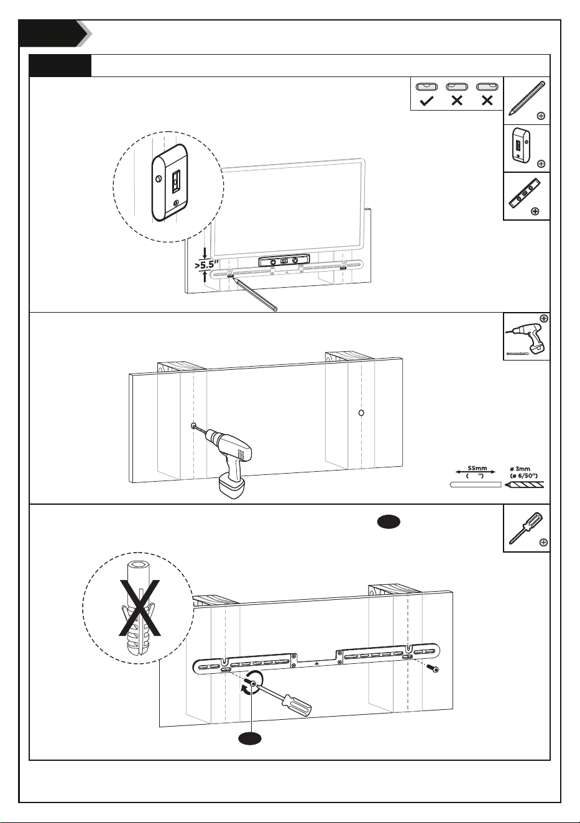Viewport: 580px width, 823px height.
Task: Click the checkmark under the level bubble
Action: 426,101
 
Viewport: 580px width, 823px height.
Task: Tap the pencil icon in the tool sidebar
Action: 527,98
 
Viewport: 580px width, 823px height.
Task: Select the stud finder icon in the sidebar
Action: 521,144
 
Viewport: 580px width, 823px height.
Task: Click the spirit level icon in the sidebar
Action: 525,193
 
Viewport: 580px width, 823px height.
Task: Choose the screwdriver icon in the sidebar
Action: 525,528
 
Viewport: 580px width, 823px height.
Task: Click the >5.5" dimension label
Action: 207,265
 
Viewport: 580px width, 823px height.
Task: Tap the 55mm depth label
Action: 477,468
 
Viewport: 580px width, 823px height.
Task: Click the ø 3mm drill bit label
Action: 520,469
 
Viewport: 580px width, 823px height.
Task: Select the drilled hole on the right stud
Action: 361,413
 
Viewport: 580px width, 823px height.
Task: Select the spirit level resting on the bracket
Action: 283,261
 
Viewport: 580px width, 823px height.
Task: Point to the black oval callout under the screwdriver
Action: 250,738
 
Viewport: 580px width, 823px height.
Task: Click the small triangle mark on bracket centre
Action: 316,663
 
